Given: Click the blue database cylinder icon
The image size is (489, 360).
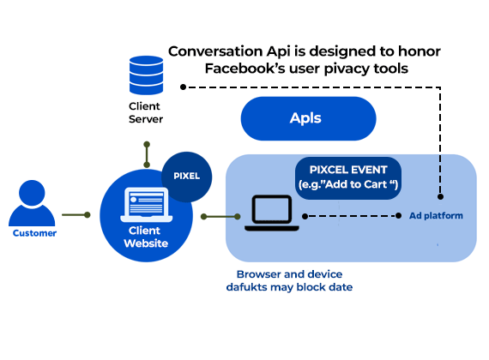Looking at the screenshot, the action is pyautogui.click(x=146, y=75).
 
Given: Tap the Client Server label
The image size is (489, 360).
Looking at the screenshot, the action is pyautogui.click(x=146, y=112).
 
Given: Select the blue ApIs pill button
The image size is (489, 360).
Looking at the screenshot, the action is pyautogui.click(x=309, y=118).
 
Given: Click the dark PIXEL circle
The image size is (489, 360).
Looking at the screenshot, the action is pyautogui.click(x=187, y=177).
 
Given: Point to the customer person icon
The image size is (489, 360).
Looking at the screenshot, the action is pyautogui.click(x=32, y=203).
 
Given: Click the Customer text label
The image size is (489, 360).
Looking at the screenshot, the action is pyautogui.click(x=34, y=233).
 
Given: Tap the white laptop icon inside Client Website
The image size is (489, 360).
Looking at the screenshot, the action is pyautogui.click(x=146, y=205).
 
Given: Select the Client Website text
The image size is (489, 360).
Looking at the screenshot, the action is pyautogui.click(x=146, y=237).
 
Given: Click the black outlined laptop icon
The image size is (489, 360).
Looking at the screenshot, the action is pyautogui.click(x=272, y=213).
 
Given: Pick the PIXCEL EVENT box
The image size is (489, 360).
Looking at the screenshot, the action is pyautogui.click(x=348, y=178).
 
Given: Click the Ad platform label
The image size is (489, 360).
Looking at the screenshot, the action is pyautogui.click(x=436, y=216).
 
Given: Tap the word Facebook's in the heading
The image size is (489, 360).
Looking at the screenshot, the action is pyautogui.click(x=244, y=69).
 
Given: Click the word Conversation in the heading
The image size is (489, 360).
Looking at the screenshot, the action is pyautogui.click(x=215, y=51).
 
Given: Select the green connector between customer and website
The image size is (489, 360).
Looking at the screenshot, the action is pyautogui.click(x=76, y=215).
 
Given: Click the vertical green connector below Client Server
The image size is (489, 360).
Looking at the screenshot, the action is pyautogui.click(x=147, y=154).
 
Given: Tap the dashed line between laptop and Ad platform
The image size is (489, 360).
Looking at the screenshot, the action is pyautogui.click(x=352, y=216).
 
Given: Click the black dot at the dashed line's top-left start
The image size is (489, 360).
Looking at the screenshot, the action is pyautogui.click(x=184, y=87).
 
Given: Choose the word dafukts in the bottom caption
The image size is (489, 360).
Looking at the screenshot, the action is pyautogui.click(x=247, y=287).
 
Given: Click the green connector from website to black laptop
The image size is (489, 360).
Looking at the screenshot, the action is pyautogui.click(x=220, y=216).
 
